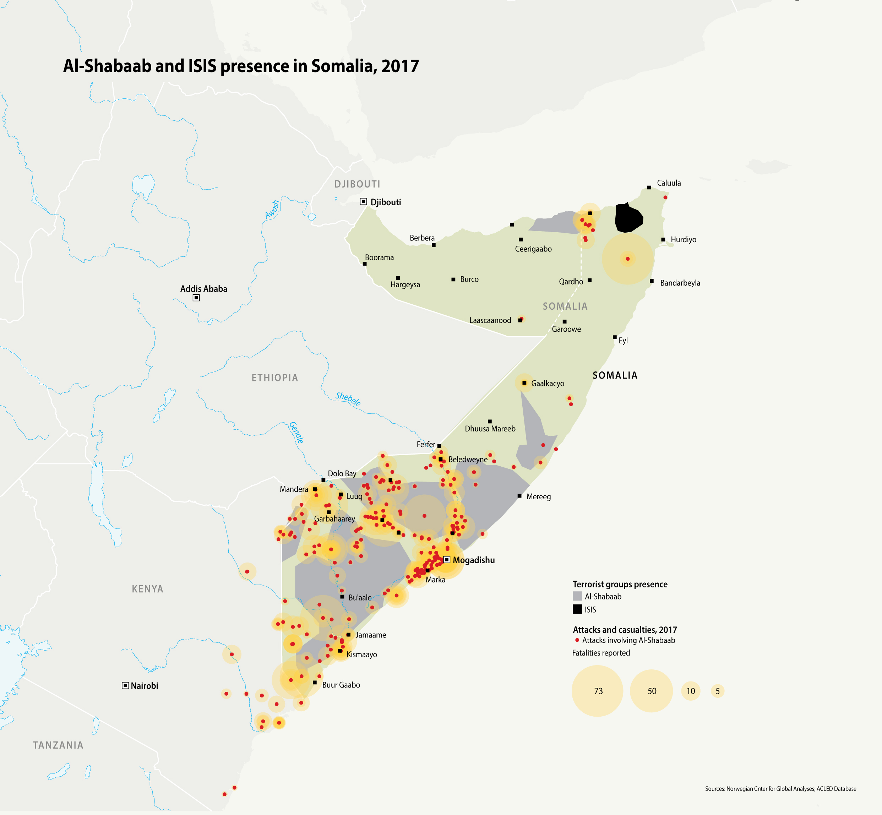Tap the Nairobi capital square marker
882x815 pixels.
coord(125,685)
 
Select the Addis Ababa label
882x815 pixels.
coord(204,289)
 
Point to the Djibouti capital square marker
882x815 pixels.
coord(363,202)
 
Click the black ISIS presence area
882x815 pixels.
coord(628,218)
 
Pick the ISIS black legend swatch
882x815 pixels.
coord(577,609)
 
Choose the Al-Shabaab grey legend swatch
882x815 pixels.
coord(577,596)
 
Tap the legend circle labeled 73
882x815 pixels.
coord(598,691)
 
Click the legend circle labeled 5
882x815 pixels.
coord(718,691)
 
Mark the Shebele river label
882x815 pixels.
coord(348,399)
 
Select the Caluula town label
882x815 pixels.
coord(669,183)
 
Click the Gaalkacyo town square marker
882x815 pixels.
coord(524,383)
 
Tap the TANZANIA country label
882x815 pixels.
coord(58,745)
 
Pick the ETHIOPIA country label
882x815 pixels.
coord(275,378)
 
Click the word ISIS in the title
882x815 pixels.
coord(202,66)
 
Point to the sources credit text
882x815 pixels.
coord(780,788)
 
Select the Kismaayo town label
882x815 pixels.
coord(361,654)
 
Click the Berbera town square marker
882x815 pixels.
coord(434,245)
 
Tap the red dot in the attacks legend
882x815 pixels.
coord(577,640)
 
